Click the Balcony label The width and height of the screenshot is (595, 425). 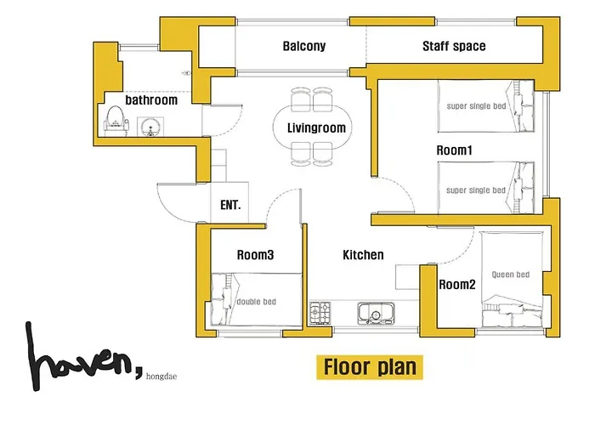click(x=304, y=46)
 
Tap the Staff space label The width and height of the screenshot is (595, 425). click(x=454, y=46)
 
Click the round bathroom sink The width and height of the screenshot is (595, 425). click(x=150, y=127)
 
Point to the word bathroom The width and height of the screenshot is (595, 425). click(x=151, y=100)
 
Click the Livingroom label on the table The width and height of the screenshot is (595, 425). click(x=316, y=127)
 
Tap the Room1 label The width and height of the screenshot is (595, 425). click(x=454, y=150)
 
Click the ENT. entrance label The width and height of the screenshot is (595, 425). click(x=230, y=206)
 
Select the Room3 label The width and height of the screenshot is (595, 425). click(x=255, y=255)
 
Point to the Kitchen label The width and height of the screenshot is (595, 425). click(x=363, y=255)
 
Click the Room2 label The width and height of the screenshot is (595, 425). click(x=457, y=284)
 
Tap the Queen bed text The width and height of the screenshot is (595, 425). click(x=510, y=275)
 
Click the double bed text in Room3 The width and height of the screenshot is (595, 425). click(x=256, y=302)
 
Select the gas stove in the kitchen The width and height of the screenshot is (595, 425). click(x=320, y=313)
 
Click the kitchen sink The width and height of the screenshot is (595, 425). click(x=376, y=313)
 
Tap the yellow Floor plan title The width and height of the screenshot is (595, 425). click(x=370, y=367)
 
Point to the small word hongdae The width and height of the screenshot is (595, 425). click(x=161, y=377)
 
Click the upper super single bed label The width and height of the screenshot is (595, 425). click(x=476, y=106)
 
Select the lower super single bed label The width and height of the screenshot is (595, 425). click(x=476, y=190)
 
